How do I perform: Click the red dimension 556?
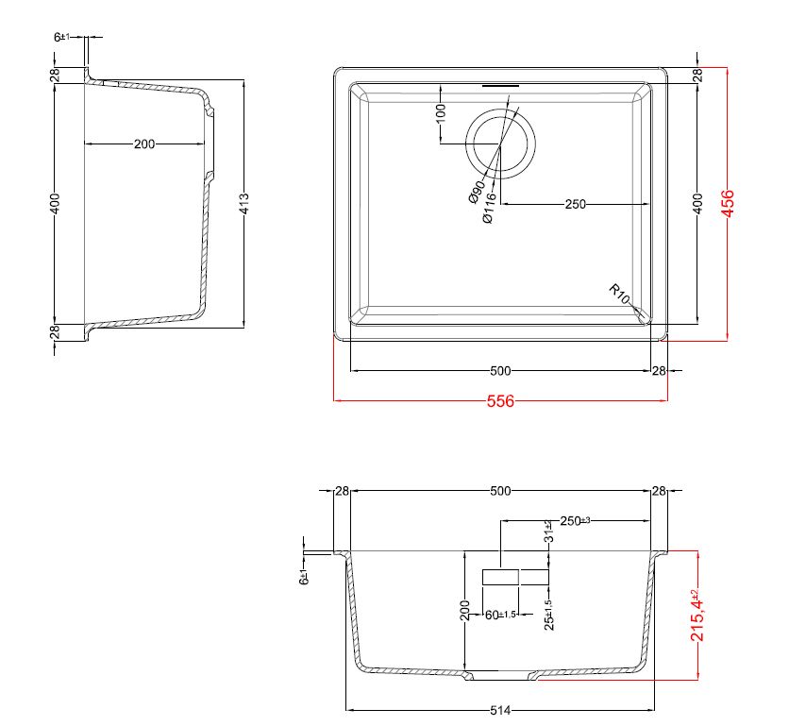[500, 401]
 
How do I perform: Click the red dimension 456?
[728, 203]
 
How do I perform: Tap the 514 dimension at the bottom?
[500, 710]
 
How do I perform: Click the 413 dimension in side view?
[244, 203]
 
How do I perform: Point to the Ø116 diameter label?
[488, 207]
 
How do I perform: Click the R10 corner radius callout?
[619, 294]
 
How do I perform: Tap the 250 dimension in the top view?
[576, 204]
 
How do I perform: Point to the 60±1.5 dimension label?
[498, 615]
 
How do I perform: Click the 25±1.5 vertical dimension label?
[548, 614]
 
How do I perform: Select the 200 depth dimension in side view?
[143, 144]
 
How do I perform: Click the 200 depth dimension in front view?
[464, 609]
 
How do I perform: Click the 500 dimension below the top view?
[500, 371]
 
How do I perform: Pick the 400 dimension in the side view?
[56, 203]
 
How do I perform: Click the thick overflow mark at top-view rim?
[500, 86]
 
